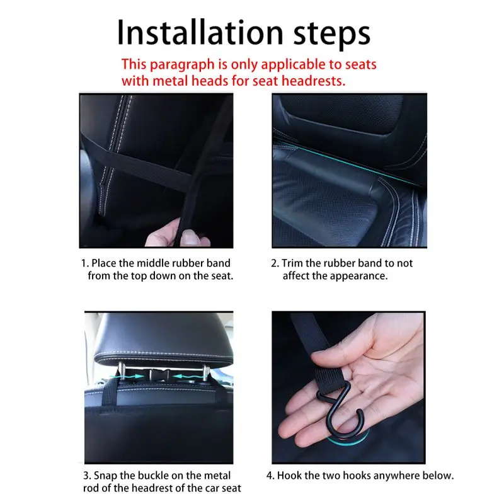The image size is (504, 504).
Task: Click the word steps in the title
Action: tap(332, 35)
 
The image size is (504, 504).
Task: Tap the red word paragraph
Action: tap(182, 65)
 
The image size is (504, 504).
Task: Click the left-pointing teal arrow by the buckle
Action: tap(185, 375)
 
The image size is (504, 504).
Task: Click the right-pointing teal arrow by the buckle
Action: tap(127, 375)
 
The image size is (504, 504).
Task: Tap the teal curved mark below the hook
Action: tap(349, 440)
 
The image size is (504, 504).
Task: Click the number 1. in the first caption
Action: tap(85, 263)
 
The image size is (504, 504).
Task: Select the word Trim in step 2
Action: tap(292, 263)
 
